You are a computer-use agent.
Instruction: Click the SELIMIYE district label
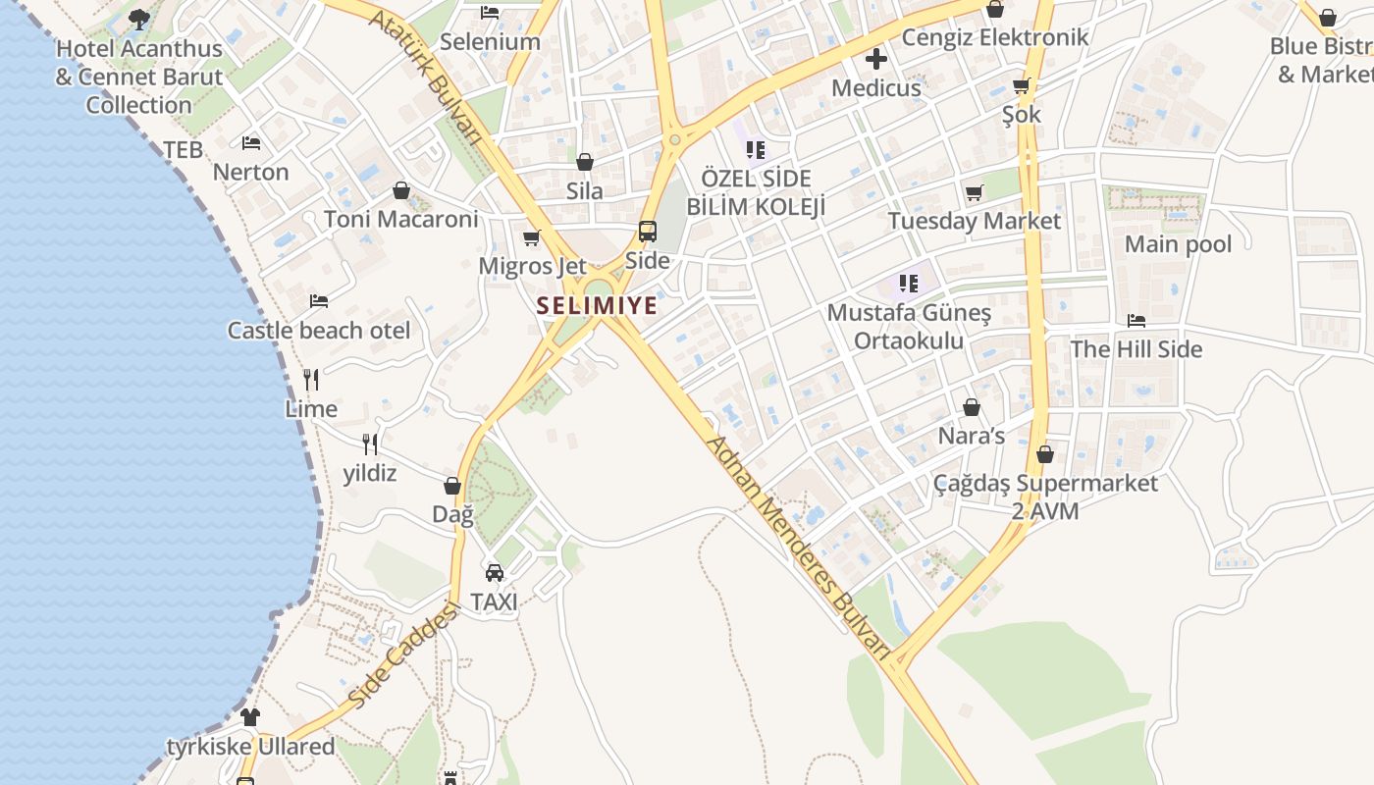[597, 306]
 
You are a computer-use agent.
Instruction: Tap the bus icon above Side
[648, 232]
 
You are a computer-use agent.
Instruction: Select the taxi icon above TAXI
[495, 573]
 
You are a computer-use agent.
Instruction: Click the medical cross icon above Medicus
[876, 60]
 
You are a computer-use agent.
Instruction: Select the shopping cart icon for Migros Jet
[532, 237]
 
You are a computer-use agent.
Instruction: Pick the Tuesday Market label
[974, 221]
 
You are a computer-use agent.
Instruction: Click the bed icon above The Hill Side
[1136, 321]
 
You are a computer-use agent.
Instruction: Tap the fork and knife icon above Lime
[311, 380]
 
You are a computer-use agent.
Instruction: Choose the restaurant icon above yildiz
[370, 445]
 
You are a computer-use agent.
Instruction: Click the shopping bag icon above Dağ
[452, 486]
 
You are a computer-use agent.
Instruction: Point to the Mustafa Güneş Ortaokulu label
[909, 327]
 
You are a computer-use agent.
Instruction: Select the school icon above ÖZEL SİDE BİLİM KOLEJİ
[755, 150]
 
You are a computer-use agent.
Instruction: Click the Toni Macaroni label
[400, 219]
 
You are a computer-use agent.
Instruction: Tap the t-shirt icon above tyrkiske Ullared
[250, 717]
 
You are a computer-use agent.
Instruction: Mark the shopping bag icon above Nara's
[972, 407]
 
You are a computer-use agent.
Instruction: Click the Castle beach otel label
[319, 331]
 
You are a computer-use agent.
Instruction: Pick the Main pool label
[1178, 244]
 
